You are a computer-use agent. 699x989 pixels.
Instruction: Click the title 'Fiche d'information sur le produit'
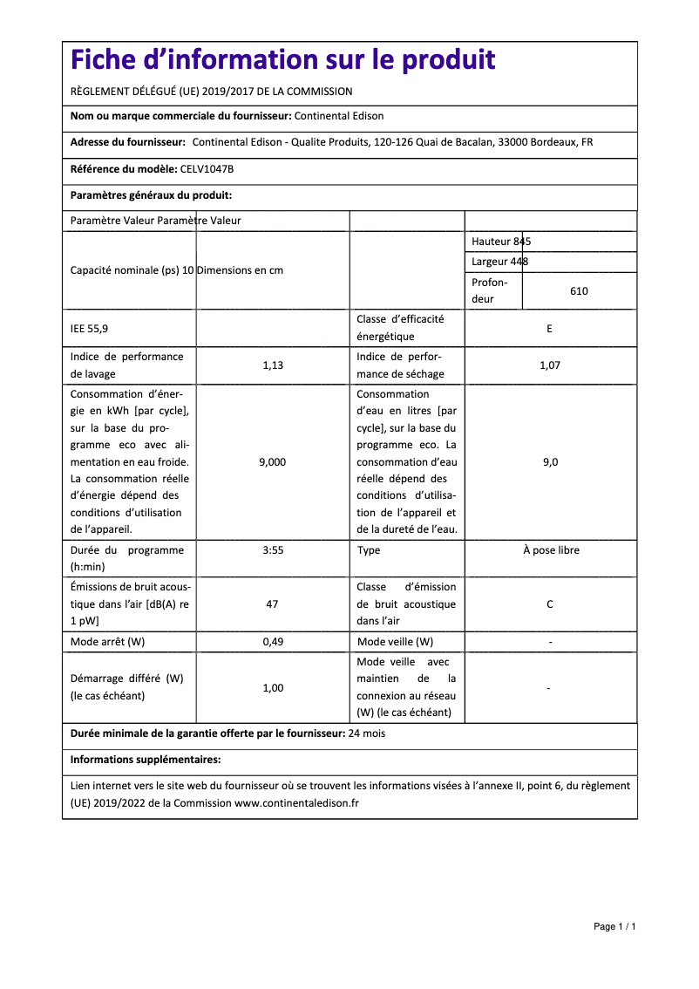click(x=283, y=60)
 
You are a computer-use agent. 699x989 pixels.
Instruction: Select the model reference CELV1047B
click(x=207, y=169)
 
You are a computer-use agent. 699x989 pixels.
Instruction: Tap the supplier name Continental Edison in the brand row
click(x=339, y=116)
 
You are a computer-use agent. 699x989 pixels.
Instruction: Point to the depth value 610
click(x=579, y=291)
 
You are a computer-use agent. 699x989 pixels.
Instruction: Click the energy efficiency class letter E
click(x=549, y=329)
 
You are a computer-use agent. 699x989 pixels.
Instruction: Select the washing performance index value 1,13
click(x=273, y=365)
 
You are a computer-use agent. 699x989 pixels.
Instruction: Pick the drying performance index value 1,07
click(x=549, y=365)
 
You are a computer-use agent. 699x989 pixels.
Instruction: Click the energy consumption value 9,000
click(x=273, y=462)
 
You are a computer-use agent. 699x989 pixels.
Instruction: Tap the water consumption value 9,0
click(x=550, y=462)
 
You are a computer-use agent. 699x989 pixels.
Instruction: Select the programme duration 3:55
click(x=273, y=551)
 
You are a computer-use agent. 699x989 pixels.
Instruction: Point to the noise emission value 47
click(x=273, y=604)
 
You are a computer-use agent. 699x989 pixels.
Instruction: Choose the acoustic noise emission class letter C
click(x=549, y=604)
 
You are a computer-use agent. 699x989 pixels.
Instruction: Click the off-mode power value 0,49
click(x=273, y=643)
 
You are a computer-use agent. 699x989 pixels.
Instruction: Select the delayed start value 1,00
click(x=273, y=688)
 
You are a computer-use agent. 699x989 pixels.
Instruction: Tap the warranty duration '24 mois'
click(x=366, y=734)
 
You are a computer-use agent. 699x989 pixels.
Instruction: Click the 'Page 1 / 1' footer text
click(x=614, y=926)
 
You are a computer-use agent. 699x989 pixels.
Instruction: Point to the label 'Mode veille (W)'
click(x=395, y=643)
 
